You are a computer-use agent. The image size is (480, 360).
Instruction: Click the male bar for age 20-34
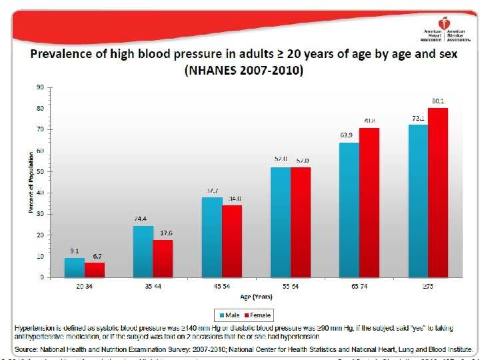click(75, 267)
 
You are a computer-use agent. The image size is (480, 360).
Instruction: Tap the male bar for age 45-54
click(212, 237)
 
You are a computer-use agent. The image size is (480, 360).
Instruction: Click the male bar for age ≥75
click(418, 200)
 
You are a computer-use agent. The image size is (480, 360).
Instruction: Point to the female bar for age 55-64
click(301, 222)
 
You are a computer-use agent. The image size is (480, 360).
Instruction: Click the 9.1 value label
click(75, 251)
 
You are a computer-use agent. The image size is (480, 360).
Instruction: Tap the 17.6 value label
click(167, 233)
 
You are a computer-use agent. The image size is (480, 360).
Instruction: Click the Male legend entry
click(227, 315)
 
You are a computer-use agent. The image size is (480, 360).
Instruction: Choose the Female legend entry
click(257, 315)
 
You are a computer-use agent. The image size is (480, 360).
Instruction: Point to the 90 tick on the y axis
click(40, 87)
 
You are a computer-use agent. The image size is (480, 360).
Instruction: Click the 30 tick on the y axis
click(40, 213)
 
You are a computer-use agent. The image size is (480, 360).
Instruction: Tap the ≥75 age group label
click(428, 286)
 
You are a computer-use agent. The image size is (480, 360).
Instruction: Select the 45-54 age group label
click(222, 286)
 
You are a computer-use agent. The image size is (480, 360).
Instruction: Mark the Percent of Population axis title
click(31, 183)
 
